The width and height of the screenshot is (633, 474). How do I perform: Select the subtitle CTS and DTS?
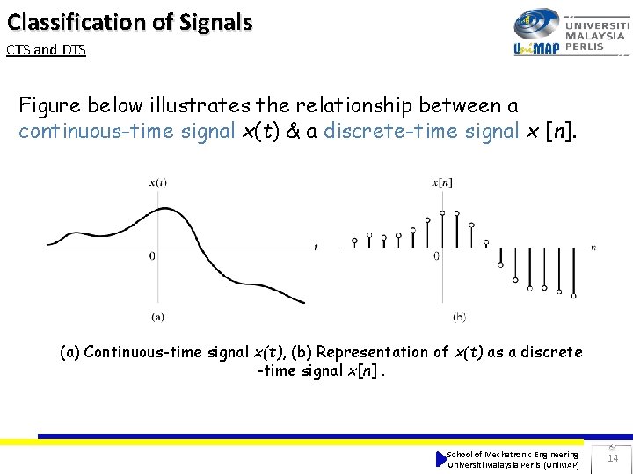point(46,50)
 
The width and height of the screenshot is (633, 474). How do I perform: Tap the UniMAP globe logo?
point(536,25)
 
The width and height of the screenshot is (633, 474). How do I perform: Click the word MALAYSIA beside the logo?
point(595,36)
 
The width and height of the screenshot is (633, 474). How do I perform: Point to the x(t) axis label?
point(158,183)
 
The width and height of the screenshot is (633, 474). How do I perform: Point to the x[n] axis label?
point(441,183)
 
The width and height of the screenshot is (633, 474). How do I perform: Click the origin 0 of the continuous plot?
point(152,256)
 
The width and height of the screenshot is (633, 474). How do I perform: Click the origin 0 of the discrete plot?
point(436,256)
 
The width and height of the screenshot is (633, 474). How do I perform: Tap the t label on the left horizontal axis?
point(316,248)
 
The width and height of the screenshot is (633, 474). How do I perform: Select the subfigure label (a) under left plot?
point(157,316)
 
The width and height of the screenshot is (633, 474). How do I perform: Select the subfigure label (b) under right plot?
point(459,316)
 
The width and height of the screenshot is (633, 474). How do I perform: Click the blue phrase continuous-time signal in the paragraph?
point(127,132)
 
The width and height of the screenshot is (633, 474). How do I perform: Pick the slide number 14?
point(613,458)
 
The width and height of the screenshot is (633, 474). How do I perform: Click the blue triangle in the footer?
point(441,459)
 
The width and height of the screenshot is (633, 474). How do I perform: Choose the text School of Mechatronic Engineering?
point(513,454)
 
